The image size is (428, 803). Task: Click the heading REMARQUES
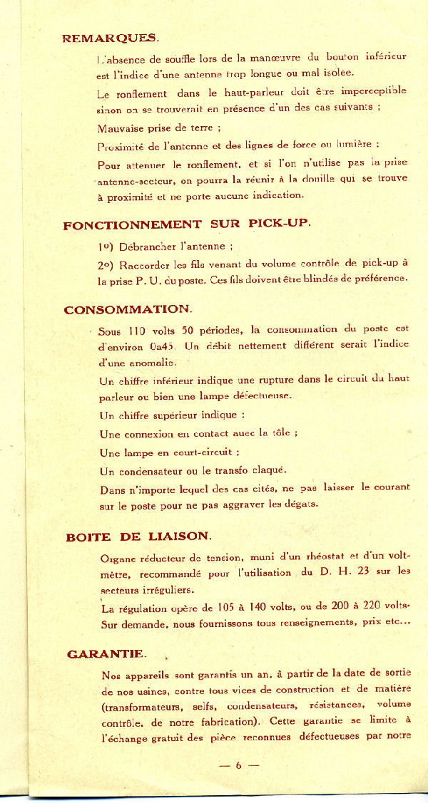click(x=111, y=38)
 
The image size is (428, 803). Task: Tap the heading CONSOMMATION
click(x=128, y=310)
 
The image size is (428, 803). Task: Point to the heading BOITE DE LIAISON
click(x=138, y=536)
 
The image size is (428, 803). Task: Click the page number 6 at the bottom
click(x=238, y=765)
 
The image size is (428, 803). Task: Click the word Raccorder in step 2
click(x=146, y=263)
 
